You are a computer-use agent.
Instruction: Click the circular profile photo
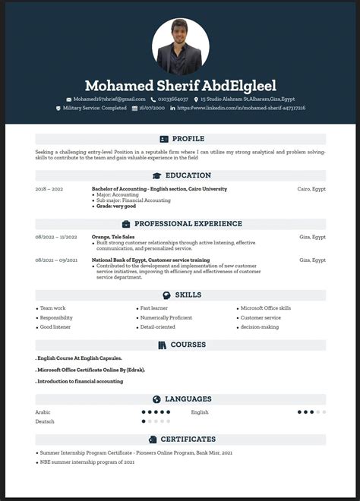point(181,46)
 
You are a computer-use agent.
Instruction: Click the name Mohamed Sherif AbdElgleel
point(181,86)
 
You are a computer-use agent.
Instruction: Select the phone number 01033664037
point(172,99)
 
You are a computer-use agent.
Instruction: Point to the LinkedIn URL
point(241,109)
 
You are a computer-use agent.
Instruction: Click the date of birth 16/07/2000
point(152,109)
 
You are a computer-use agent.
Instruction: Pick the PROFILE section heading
point(188,139)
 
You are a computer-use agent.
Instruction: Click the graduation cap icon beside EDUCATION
point(156,175)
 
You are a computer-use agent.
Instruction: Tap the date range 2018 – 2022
point(49,188)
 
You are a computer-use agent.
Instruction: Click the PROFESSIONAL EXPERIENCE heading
point(188,224)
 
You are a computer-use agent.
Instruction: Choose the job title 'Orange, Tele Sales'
point(113,237)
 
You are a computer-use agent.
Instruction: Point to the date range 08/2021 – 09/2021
point(56,260)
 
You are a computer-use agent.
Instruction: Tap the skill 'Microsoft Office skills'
point(265,308)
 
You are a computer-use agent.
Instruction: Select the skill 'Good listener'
point(56,326)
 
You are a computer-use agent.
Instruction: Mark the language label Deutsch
point(45,421)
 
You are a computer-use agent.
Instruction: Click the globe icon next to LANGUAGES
point(156,399)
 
